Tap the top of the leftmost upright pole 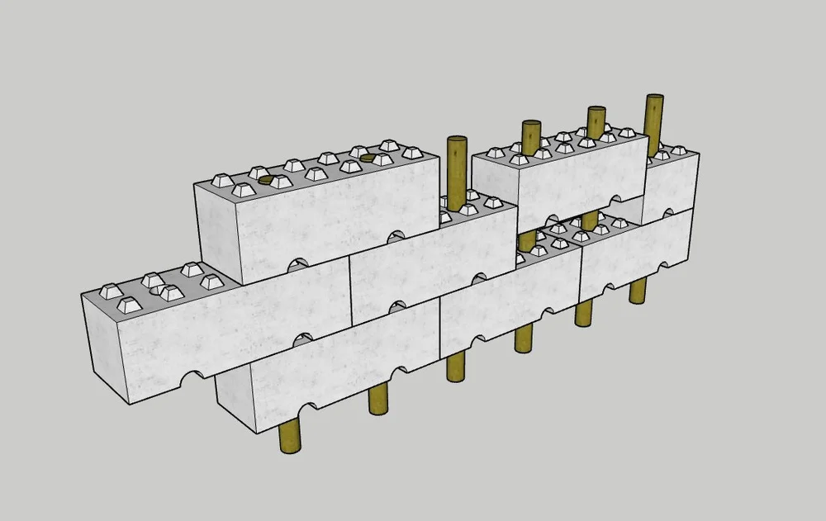tap(457, 140)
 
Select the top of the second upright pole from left tap(531, 125)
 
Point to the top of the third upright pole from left tap(596, 111)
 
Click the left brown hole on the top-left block tap(265, 178)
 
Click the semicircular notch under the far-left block tap(192, 379)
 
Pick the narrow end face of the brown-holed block tap(216, 228)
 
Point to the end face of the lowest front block tap(234, 399)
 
